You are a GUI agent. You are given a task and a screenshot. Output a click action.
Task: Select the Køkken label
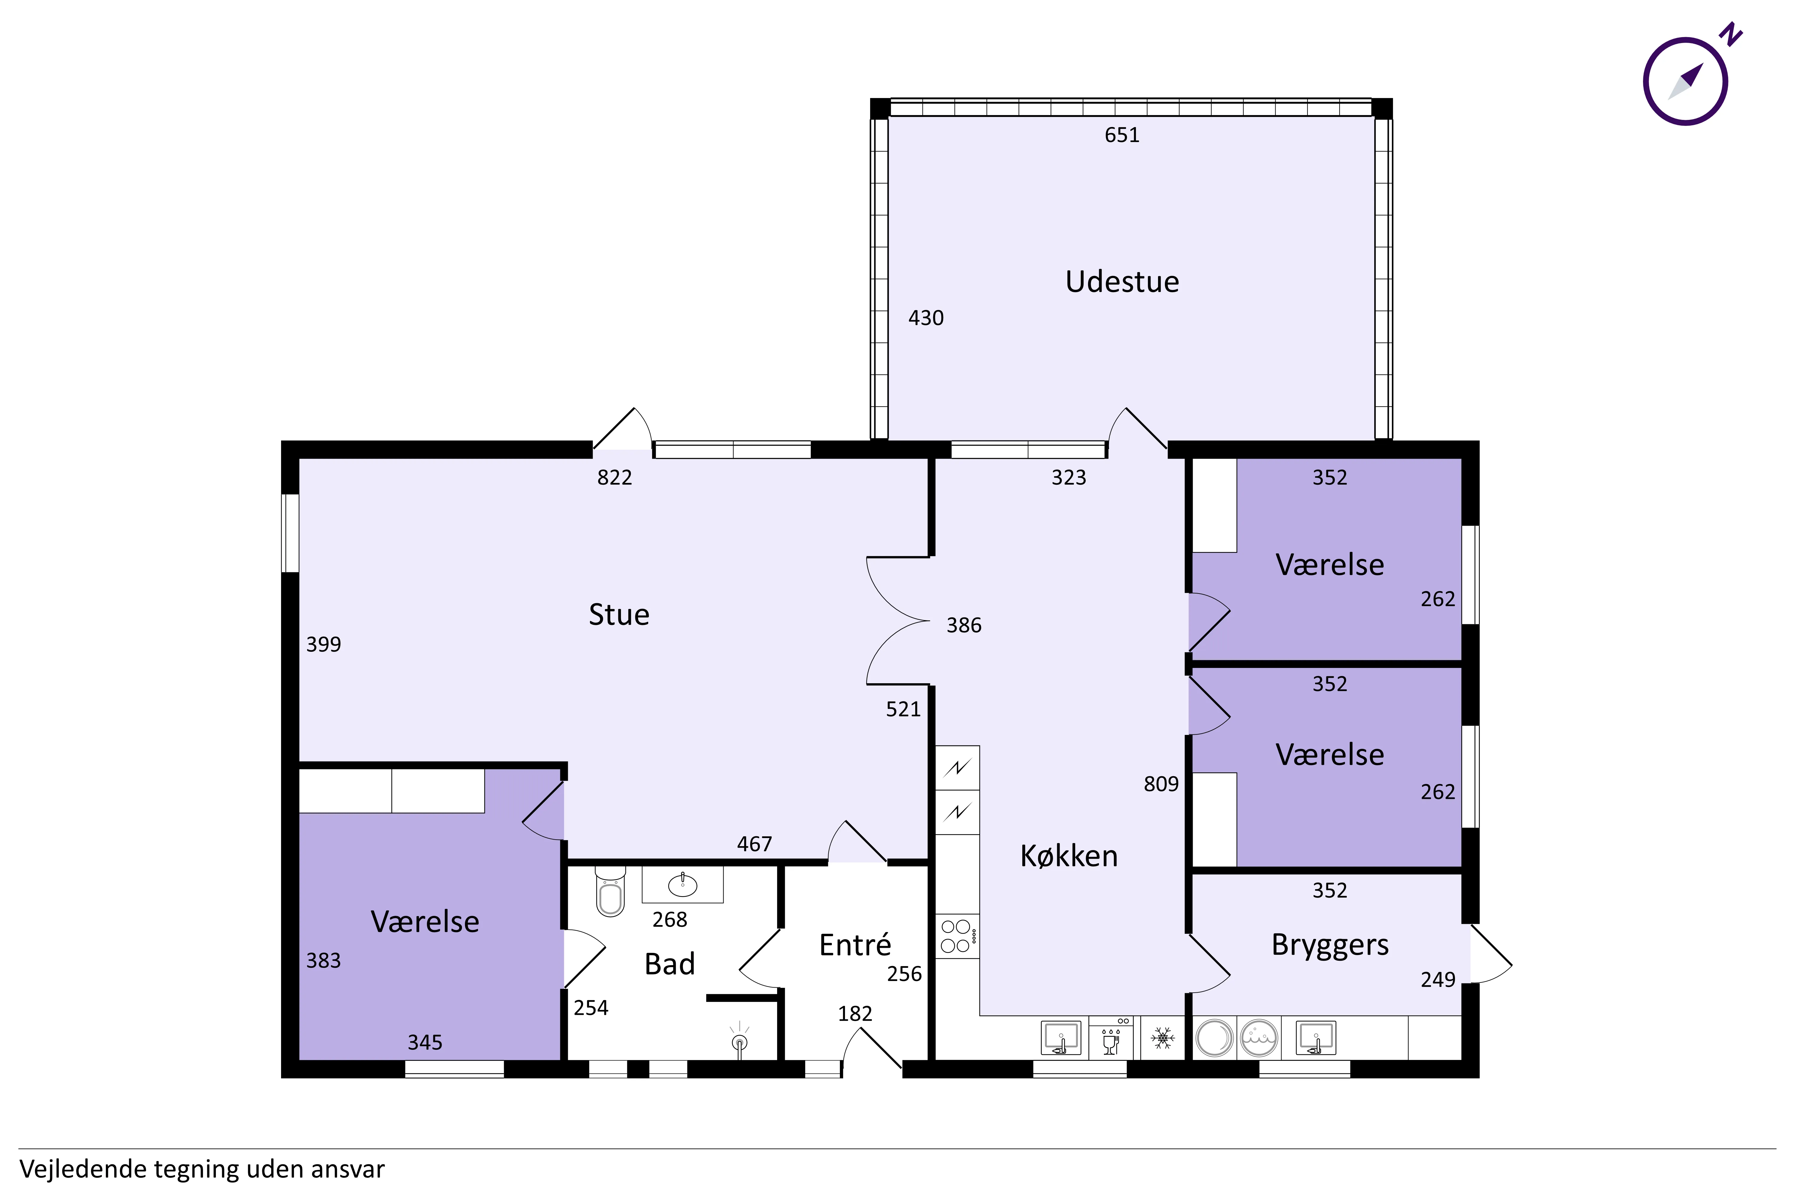[1069, 856]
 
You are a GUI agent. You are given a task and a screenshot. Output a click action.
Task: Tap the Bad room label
[670, 964]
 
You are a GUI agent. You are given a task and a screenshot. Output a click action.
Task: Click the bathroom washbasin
[682, 885]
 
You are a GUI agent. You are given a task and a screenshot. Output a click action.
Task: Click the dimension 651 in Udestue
[1122, 135]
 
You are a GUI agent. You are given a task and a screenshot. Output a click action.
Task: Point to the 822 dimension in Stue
[615, 478]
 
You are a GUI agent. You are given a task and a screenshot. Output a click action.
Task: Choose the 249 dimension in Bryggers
[1438, 980]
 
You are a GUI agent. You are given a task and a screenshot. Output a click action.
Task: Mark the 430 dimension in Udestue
[926, 318]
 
